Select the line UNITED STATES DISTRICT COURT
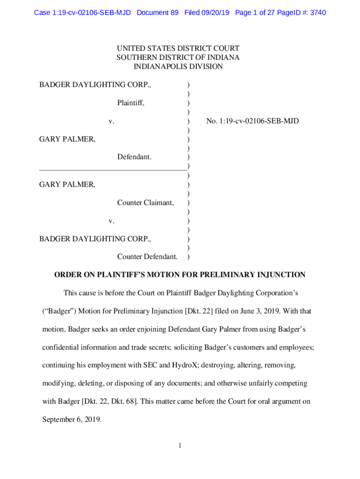click(178, 49)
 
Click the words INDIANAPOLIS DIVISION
click(178, 66)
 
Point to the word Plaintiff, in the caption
click(130, 103)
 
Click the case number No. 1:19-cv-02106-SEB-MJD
click(252, 121)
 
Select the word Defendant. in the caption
click(134, 157)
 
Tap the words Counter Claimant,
click(145, 203)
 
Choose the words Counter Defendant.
click(147, 257)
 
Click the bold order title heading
click(180, 275)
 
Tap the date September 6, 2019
click(72, 419)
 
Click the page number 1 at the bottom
click(180, 446)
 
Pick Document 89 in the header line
click(158, 13)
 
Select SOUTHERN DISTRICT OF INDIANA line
click(178, 58)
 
